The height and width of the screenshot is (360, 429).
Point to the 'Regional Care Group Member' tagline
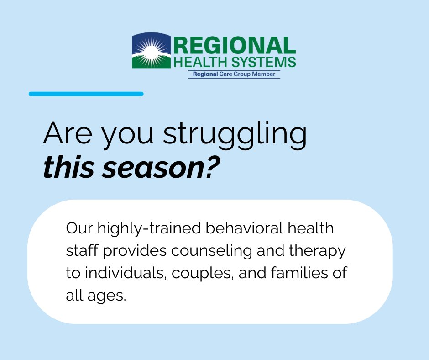234,74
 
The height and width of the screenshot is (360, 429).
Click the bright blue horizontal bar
86,94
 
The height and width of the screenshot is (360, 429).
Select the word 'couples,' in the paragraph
202,273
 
